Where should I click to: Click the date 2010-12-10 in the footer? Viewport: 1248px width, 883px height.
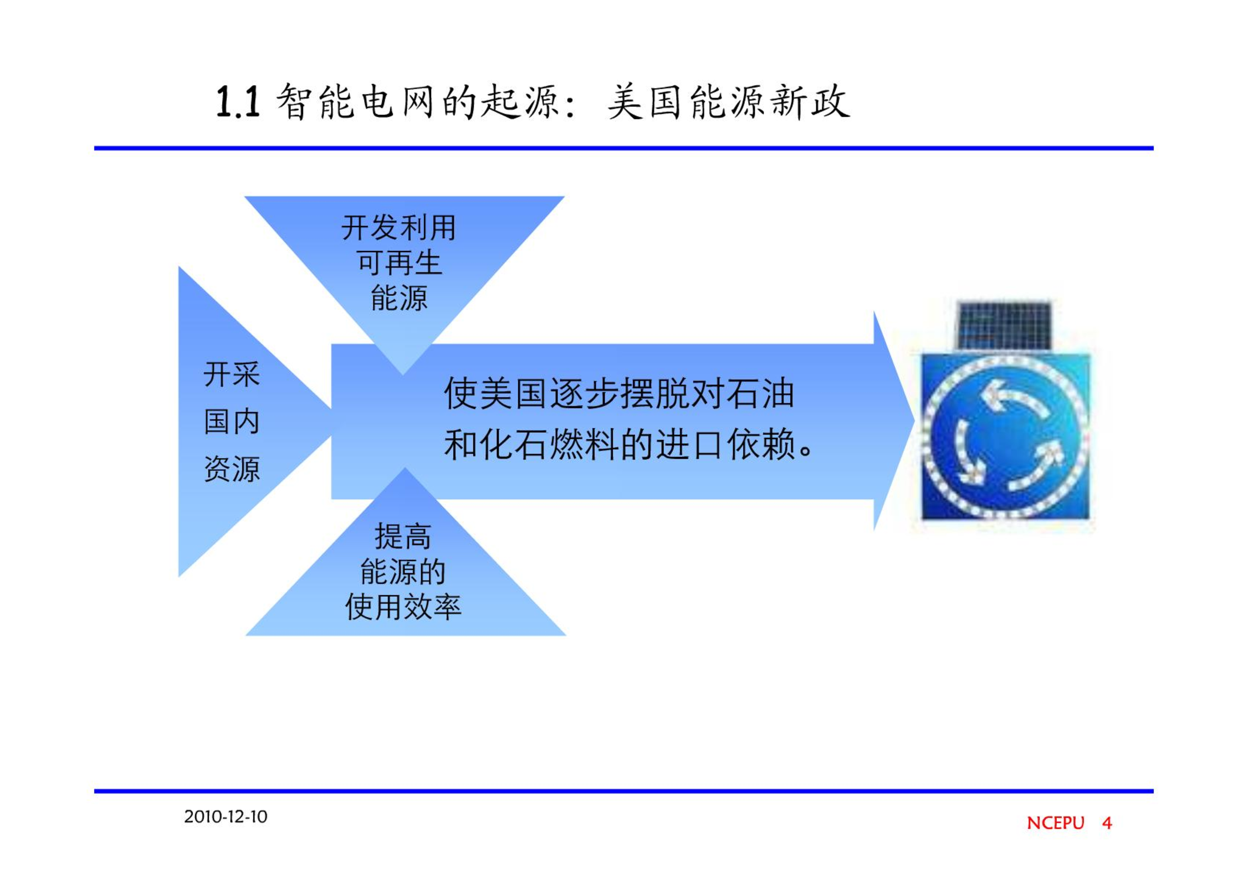(226, 817)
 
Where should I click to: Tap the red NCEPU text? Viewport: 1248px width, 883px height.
(1055, 823)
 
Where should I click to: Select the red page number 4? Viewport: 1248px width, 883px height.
(1107, 823)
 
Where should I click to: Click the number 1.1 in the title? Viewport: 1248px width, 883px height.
(238, 102)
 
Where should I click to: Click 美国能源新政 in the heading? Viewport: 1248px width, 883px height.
(728, 102)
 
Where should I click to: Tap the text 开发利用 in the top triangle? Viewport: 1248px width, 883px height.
(398, 228)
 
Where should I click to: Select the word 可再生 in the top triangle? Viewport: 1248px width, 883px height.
(399, 263)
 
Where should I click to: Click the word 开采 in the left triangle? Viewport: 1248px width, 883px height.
(232, 374)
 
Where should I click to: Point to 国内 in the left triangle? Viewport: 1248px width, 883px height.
(232, 422)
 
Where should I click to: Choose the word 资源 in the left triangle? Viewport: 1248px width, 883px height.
(232, 469)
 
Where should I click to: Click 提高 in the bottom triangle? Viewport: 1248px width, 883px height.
(403, 536)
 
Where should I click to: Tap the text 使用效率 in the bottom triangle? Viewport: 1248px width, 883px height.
(403, 607)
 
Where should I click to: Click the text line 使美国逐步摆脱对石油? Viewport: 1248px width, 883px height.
(619, 393)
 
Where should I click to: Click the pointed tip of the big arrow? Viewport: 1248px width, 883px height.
(914, 421)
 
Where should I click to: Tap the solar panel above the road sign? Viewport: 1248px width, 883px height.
(1004, 325)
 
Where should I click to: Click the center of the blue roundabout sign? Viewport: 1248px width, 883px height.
(1005, 437)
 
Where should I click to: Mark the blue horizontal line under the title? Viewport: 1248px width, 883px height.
(624, 148)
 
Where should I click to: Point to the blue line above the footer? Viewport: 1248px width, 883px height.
(624, 791)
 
